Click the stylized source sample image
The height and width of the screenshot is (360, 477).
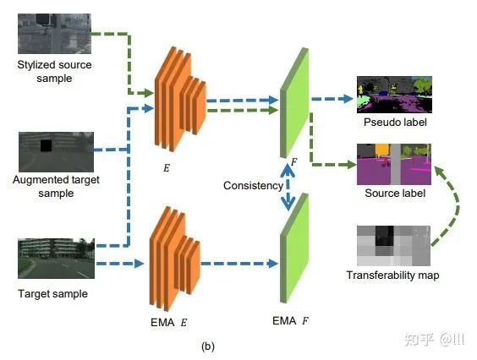tap(54, 34)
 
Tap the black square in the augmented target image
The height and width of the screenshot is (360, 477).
tap(47, 145)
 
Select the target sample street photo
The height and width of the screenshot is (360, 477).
tap(57, 259)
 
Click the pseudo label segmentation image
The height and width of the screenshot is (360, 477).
tap(394, 95)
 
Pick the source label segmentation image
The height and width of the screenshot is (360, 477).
tap(394, 164)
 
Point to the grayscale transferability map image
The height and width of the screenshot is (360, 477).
tap(393, 246)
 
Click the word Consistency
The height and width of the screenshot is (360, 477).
tap(253, 185)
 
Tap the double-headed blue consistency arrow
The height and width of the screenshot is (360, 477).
tap(288, 187)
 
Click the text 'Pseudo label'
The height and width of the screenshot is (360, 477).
tap(395, 123)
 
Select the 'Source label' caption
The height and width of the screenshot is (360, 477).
tap(395, 193)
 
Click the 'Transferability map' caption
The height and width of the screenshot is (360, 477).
tap(392, 275)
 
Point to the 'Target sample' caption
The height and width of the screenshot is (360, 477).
tap(53, 294)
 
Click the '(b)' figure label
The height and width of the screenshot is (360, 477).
tap(208, 346)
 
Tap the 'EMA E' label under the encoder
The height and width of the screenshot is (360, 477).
tap(169, 322)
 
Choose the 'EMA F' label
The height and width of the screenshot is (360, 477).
tap(291, 321)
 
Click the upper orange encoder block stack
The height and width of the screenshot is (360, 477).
tap(180, 99)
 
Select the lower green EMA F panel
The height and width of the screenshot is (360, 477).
tap(294, 248)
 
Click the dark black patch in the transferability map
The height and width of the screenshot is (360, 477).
tap(385, 236)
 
